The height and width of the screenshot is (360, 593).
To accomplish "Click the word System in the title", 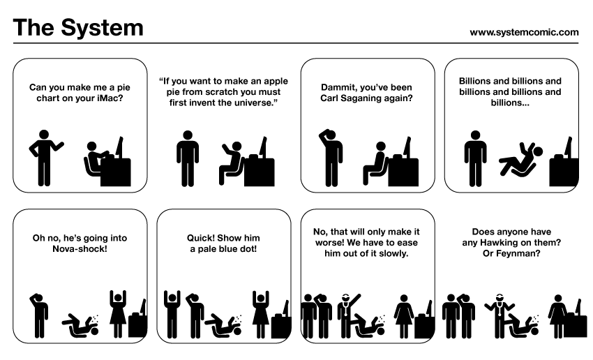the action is [x=102, y=29].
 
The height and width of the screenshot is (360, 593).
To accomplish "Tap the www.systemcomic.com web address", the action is [x=524, y=33].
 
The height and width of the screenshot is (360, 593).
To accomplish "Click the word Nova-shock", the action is [x=80, y=249].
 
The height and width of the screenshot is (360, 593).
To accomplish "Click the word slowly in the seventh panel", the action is [x=393, y=253].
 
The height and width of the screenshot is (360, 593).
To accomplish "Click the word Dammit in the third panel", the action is [x=338, y=87].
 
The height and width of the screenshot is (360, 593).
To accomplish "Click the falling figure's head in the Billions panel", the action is [x=537, y=152].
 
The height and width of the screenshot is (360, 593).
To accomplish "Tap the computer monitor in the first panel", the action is [x=119, y=147].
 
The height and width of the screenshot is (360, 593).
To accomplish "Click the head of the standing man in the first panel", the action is [x=44, y=135].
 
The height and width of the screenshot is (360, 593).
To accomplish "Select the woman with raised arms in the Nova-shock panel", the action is [x=118, y=314].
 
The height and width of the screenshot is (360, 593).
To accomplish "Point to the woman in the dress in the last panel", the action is [x=558, y=316].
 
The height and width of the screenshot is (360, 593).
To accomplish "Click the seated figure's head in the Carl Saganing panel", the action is [x=381, y=147].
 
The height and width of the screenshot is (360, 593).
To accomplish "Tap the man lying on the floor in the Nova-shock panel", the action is [x=80, y=325].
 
